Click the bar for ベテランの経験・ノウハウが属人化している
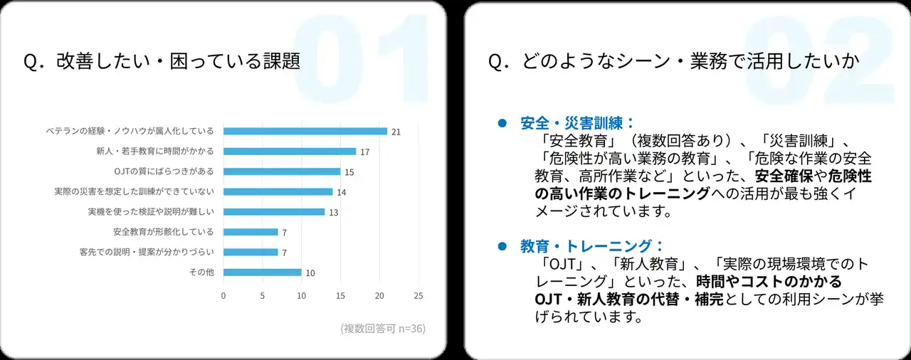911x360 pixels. pyautogui.click(x=305, y=131)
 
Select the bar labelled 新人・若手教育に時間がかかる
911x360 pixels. pyautogui.click(x=289, y=152)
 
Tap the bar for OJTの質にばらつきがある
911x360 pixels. pyautogui.click(x=282, y=171)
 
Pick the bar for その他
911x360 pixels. pyautogui.click(x=262, y=272)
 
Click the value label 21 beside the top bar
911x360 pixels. pyautogui.click(x=396, y=132)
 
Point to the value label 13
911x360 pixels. pyautogui.click(x=333, y=212)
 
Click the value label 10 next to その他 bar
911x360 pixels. pyautogui.click(x=310, y=272)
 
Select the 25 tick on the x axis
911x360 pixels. pyautogui.click(x=418, y=295)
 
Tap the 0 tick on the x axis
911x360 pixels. pyautogui.click(x=223, y=295)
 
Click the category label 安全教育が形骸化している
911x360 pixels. pyautogui.click(x=163, y=232)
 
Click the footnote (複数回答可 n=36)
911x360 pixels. pyautogui.click(x=383, y=328)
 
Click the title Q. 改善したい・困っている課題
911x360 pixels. pyautogui.click(x=162, y=61)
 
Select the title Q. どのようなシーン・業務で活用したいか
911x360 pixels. pyautogui.click(x=673, y=61)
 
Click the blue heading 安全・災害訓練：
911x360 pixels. pyautogui.click(x=577, y=122)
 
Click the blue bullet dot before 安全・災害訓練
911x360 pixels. pyautogui.click(x=502, y=122)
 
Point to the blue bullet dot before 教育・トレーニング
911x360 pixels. pyautogui.click(x=502, y=246)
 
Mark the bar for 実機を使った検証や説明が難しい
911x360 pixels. pyautogui.click(x=274, y=212)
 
